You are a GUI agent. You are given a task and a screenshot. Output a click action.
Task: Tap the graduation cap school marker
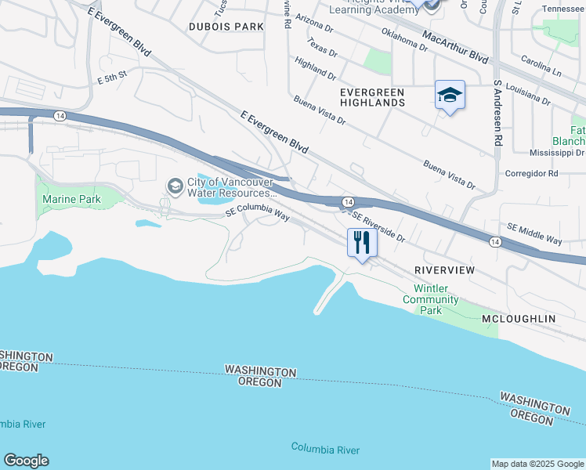coord(450,96)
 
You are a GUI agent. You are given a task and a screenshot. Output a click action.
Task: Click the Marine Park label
coord(71,200)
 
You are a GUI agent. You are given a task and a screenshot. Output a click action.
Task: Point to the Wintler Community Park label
coord(436,299)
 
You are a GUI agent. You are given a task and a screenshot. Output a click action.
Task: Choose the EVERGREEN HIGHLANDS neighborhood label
coord(372,97)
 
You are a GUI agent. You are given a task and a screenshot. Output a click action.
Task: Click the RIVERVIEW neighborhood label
coord(444,269)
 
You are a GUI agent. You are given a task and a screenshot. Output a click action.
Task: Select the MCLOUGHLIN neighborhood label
coord(518,319)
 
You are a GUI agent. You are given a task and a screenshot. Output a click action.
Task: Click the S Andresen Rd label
coord(497,114)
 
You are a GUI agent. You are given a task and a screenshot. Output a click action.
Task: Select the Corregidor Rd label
coord(531,173)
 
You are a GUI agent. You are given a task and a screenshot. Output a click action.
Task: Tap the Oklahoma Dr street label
coord(403,40)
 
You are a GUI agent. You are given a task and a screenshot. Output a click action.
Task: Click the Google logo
coord(26,461)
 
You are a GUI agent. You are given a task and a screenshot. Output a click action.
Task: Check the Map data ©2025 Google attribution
coord(537,464)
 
